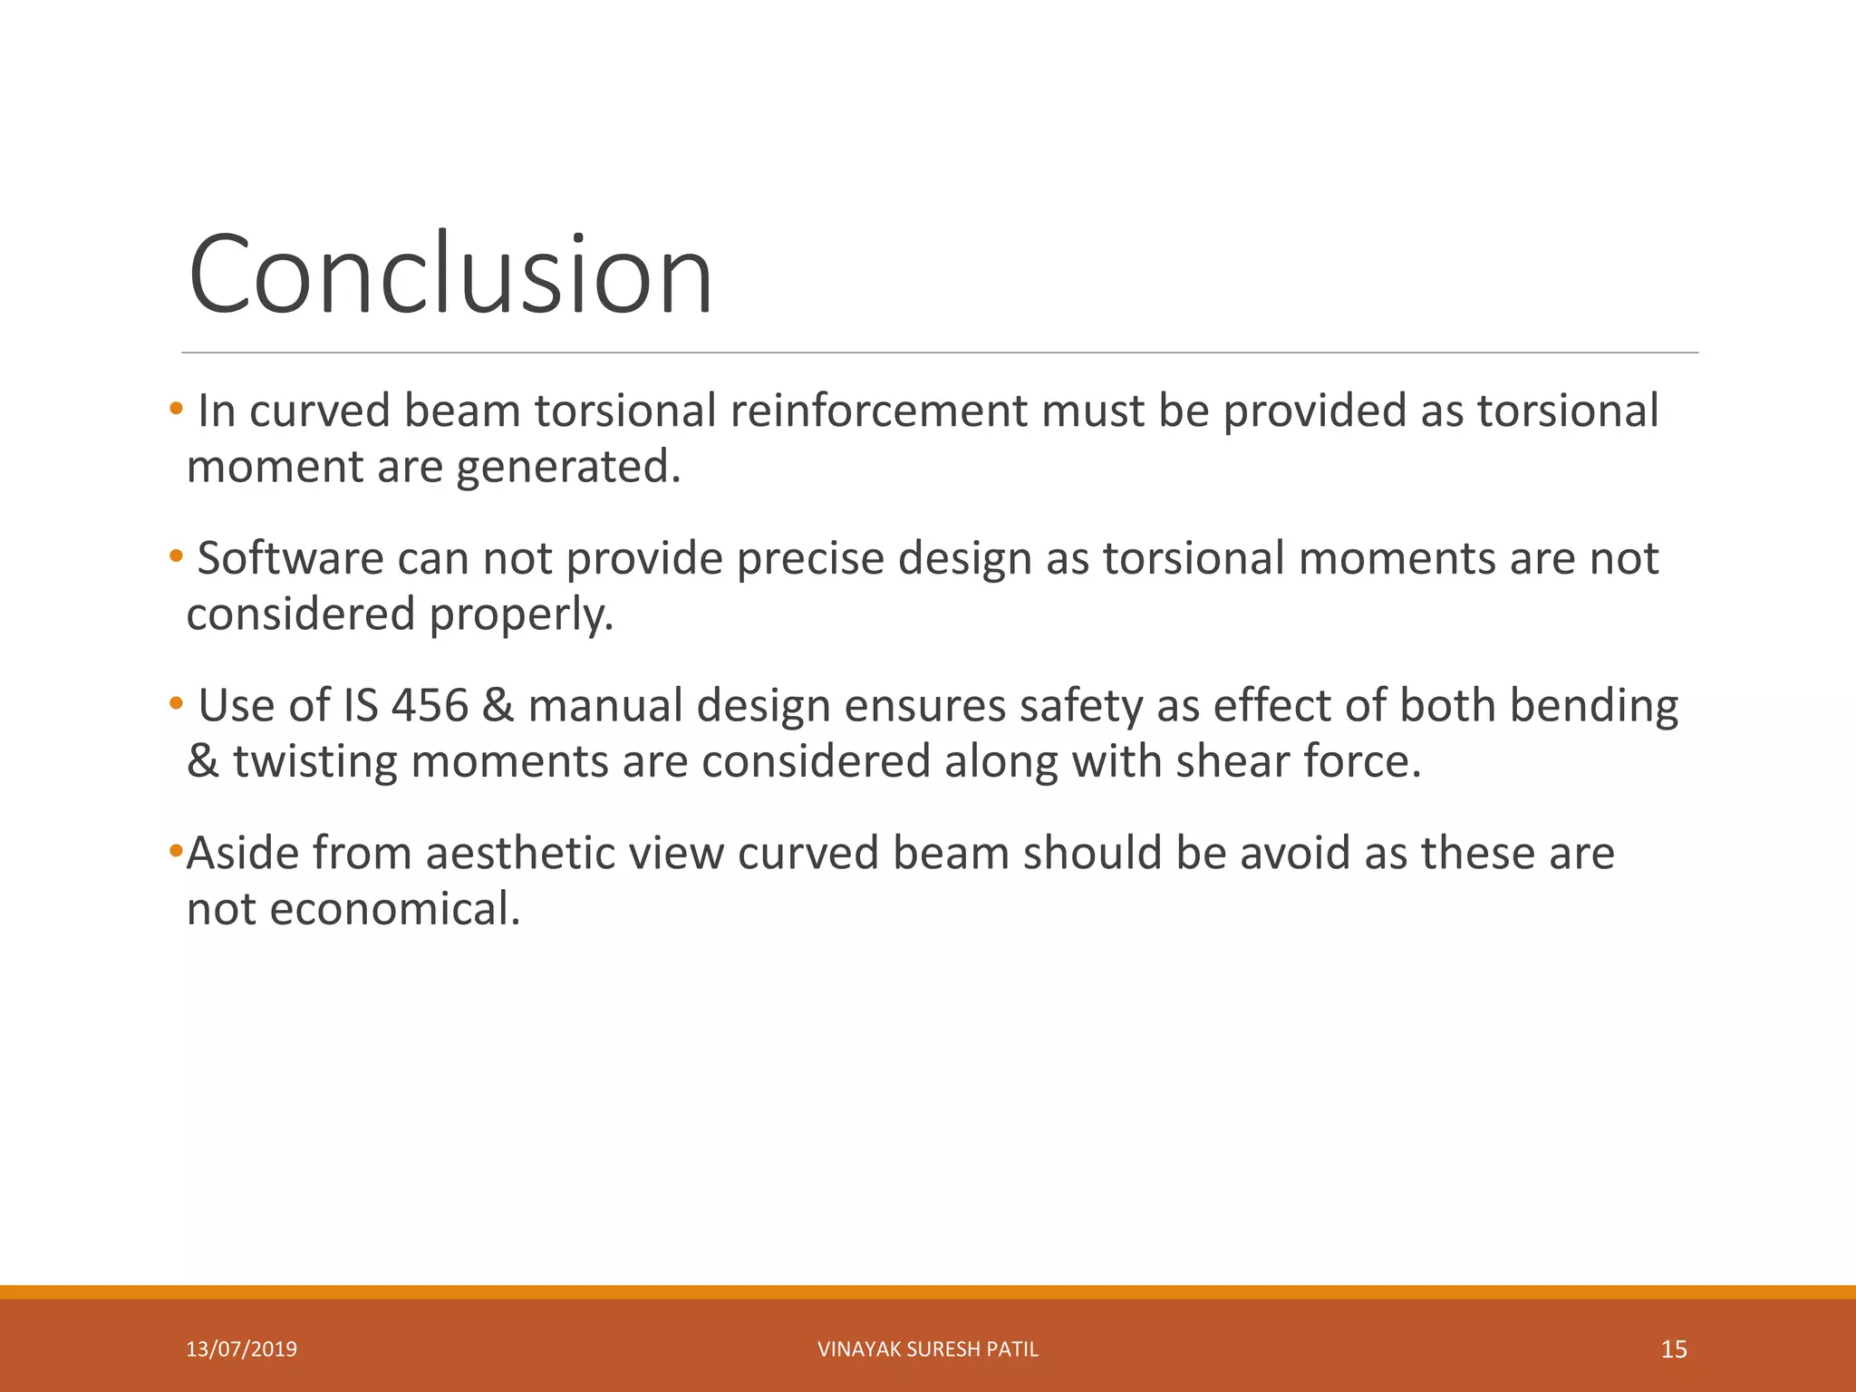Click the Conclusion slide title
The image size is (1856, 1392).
[x=450, y=275]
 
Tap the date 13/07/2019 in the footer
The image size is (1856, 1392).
[x=241, y=1349]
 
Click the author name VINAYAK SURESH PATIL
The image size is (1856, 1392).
[x=927, y=1349]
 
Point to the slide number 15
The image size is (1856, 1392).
[x=1673, y=1349]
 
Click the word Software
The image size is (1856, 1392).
[x=290, y=558]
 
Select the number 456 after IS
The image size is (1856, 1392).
[x=430, y=706]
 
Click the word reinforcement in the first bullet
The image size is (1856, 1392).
[x=878, y=411]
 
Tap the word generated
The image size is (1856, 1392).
[x=567, y=467]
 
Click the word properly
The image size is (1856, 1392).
[x=522, y=614]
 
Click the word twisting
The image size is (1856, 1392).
[x=315, y=761]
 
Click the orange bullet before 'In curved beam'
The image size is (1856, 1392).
[x=176, y=407]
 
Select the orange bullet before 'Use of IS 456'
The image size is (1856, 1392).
[x=176, y=702]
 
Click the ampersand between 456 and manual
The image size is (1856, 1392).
[x=498, y=706]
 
